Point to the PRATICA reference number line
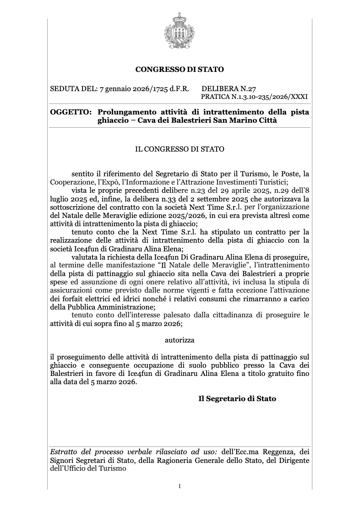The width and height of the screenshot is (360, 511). coord(254,97)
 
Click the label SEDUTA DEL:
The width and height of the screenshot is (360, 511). coord(73,89)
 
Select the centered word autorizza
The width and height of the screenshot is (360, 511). coord(180,340)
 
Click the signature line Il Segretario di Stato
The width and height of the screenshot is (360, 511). coord(237,398)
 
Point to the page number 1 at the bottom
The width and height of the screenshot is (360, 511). coord(180,486)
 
